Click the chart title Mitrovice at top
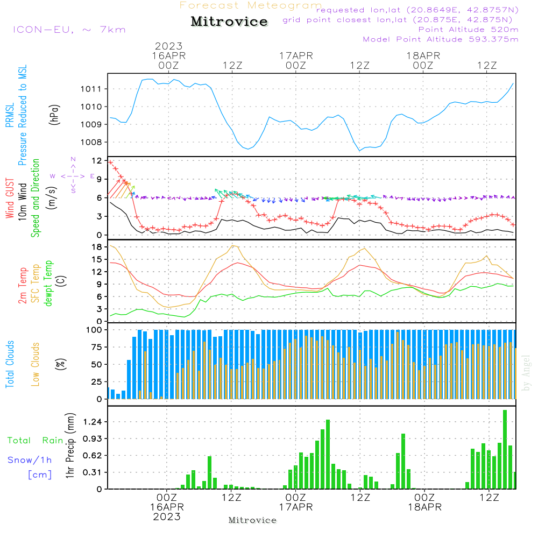pos(229,22)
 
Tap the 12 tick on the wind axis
pos(97,161)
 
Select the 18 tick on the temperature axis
pos(97,247)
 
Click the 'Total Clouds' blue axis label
pos(10,364)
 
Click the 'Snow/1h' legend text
pos(30,460)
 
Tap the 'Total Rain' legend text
pos(36,441)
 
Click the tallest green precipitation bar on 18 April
pos(505,449)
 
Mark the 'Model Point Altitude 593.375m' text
pos(441,39)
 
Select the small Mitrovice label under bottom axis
pos(252,520)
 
